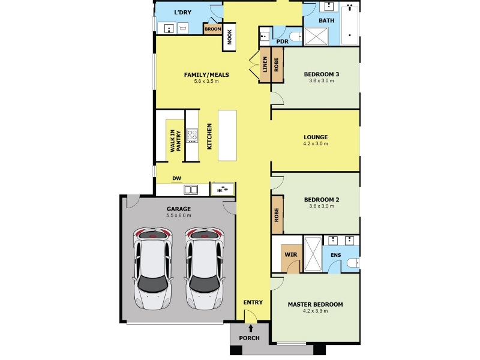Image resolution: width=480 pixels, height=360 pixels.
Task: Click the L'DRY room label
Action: (183, 12)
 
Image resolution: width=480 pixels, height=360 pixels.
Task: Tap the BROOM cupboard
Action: (213, 29)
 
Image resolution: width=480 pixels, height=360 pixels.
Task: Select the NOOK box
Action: (229, 37)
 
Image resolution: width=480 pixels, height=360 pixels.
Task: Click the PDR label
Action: (282, 41)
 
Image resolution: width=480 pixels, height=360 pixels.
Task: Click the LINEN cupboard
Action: (265, 65)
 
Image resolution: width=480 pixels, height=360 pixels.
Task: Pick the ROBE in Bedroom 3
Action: (277, 65)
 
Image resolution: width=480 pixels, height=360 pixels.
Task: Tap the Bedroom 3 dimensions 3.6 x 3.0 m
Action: (322, 81)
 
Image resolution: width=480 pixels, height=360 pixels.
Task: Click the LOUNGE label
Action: (316, 137)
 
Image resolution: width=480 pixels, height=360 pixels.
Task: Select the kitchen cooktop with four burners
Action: (192, 136)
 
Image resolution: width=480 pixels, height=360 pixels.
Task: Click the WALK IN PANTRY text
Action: (176, 141)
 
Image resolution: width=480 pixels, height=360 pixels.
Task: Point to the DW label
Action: (176, 178)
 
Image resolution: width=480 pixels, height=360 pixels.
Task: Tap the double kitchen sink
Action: (191, 190)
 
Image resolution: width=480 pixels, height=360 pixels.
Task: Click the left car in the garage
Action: (153, 268)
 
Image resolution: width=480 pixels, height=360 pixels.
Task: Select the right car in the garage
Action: (204, 268)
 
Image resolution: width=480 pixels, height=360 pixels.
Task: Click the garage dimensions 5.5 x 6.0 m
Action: (179, 215)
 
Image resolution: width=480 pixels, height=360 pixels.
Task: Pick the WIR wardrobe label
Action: (291, 254)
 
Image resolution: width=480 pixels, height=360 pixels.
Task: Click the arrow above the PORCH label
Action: (251, 328)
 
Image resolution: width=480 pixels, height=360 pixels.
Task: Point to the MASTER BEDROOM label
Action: (316, 305)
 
